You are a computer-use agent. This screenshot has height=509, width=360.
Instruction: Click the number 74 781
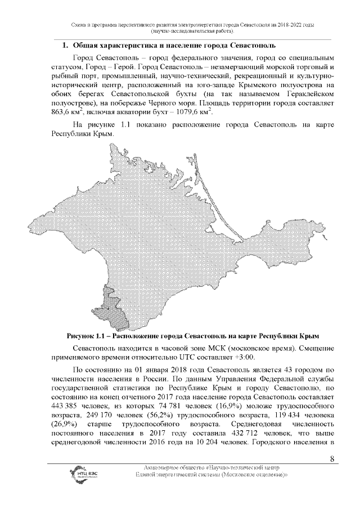pyautogui.click(x=173, y=406)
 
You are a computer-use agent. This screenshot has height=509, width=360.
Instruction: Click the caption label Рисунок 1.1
pyautogui.click(x=87, y=336)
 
